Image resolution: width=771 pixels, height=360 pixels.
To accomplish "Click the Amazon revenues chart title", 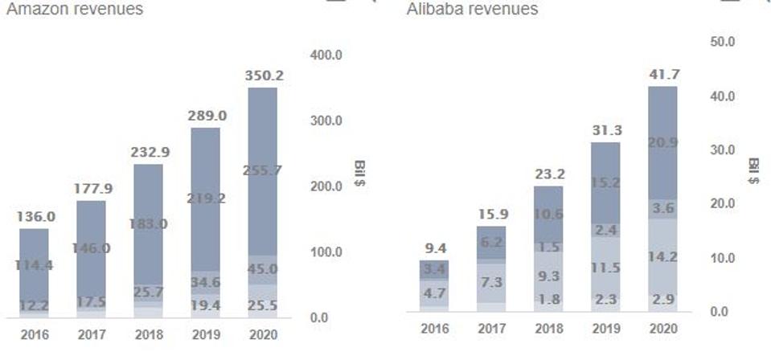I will tap(74, 10).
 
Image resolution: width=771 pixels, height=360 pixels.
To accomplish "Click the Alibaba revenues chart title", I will tap(472, 10).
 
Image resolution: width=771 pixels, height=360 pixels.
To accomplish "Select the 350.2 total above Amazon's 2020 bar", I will tap(263, 76).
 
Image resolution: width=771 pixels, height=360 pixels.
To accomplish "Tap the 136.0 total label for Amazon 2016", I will tap(35, 216).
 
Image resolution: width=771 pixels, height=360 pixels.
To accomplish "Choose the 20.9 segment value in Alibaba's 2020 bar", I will tap(662, 142).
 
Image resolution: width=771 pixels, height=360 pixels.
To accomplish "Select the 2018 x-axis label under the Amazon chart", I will tap(149, 333).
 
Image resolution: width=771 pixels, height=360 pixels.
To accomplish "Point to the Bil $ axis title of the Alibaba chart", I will tap(753, 170).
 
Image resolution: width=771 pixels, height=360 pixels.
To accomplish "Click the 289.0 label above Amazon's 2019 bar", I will tap(206, 116).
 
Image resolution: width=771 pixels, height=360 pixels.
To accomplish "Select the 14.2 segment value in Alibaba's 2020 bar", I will tap(662, 258).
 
